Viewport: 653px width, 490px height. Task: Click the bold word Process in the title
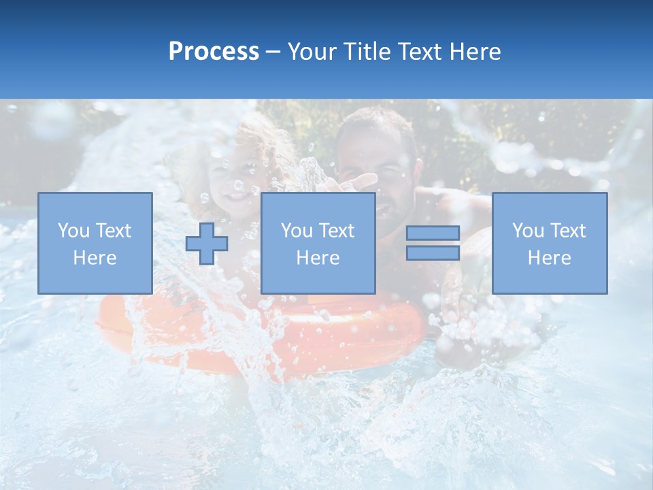click(214, 52)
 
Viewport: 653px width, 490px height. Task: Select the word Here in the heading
click(474, 52)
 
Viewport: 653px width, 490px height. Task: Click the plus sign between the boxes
click(207, 244)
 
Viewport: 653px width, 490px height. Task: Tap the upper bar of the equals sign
click(433, 233)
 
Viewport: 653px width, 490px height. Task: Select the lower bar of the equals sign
click(433, 252)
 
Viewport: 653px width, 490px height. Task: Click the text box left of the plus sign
click(95, 243)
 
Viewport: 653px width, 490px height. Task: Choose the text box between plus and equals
click(318, 243)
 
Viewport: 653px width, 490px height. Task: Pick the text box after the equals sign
click(549, 243)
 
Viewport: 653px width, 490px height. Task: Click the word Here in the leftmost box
click(95, 258)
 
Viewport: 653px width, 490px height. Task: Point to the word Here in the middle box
click(318, 258)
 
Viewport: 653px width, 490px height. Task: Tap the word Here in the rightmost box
click(549, 258)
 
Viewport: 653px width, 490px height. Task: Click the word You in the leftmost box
click(73, 231)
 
